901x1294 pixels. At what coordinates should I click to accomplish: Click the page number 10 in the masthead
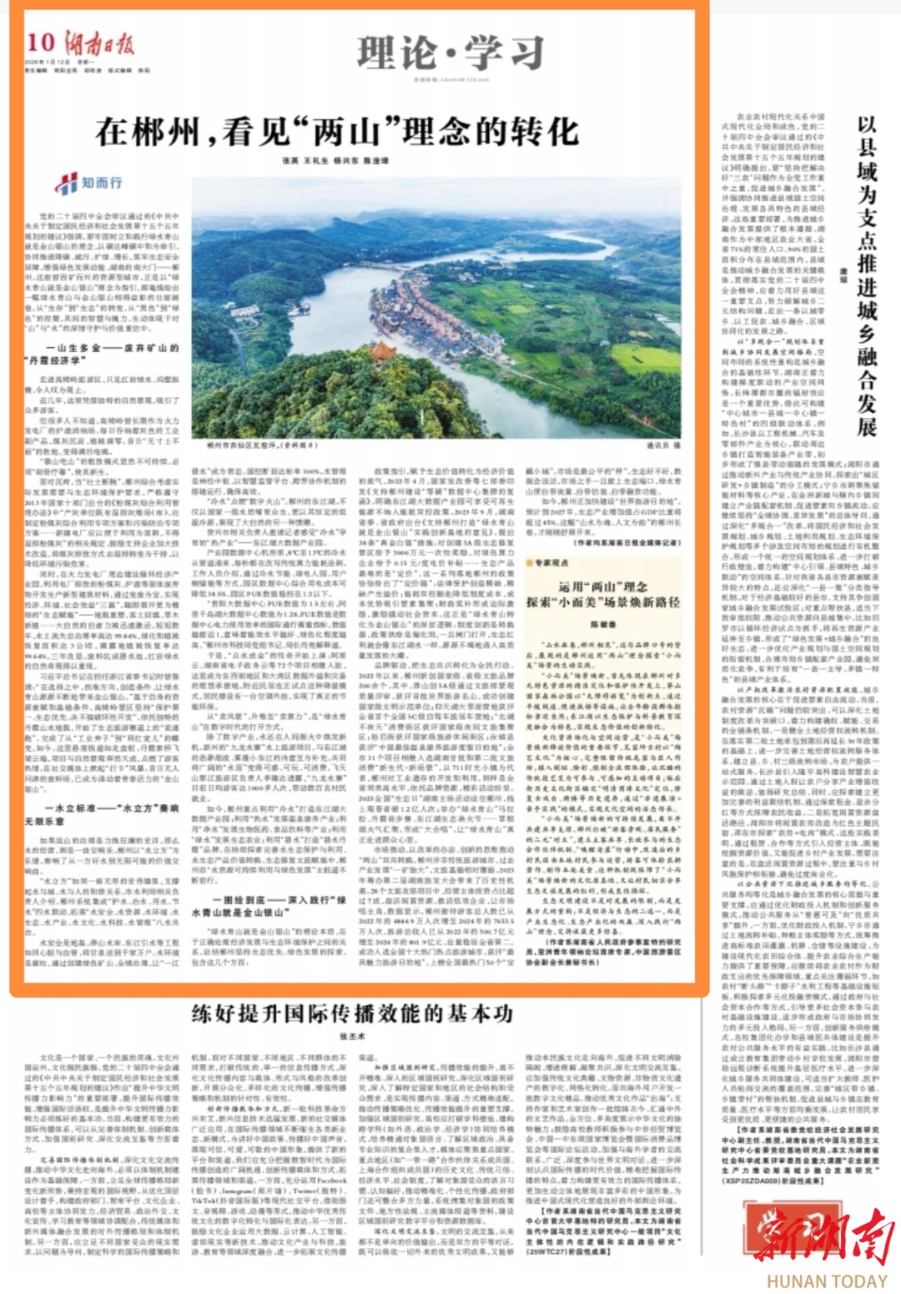tap(40, 43)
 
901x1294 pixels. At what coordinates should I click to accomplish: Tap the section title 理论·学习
tap(450, 53)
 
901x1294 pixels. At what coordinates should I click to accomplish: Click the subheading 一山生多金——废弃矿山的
tap(112, 348)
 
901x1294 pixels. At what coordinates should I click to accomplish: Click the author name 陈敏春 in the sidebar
tap(602, 622)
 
